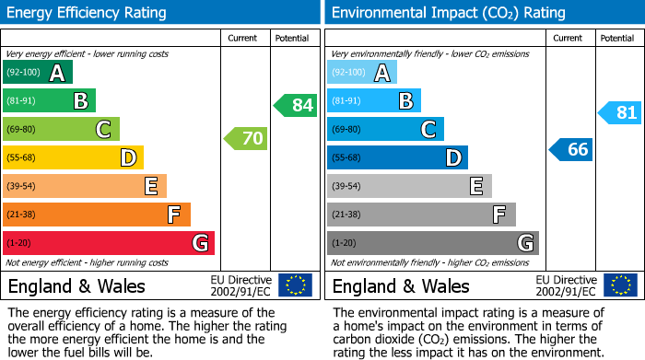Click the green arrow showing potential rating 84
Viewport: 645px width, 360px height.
(x=296, y=105)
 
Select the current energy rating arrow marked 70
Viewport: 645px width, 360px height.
(x=246, y=139)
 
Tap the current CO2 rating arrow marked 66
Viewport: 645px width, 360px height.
(x=571, y=149)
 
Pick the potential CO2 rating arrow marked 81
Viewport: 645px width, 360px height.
(x=620, y=113)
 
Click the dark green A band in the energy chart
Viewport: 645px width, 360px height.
(x=38, y=73)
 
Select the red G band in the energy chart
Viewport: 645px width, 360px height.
(x=109, y=243)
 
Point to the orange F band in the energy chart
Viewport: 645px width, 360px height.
(x=97, y=215)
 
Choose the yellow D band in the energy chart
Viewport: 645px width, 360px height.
(x=74, y=157)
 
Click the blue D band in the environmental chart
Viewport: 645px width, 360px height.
(x=397, y=157)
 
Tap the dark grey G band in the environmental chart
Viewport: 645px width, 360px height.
(x=432, y=243)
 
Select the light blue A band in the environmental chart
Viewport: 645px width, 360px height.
(x=362, y=73)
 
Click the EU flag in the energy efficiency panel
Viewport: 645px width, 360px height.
(x=295, y=285)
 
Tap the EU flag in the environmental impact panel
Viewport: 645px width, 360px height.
(x=619, y=285)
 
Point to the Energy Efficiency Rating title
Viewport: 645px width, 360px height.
(x=88, y=13)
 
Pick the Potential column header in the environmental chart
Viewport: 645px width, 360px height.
(x=617, y=38)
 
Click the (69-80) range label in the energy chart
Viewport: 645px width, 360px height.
(x=23, y=129)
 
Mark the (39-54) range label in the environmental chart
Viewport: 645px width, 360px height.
(x=347, y=186)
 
